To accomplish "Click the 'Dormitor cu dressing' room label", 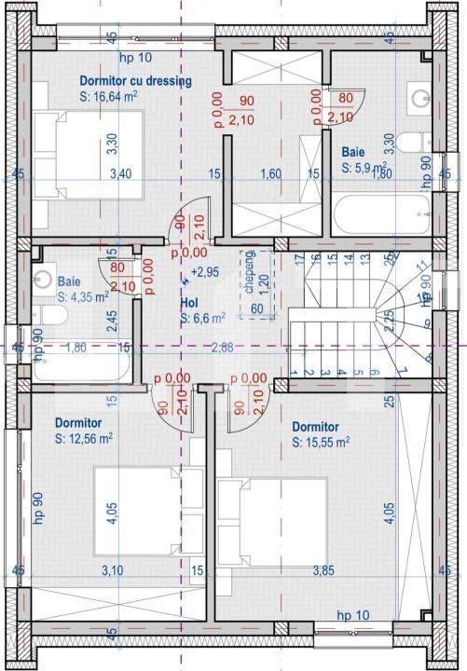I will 135,81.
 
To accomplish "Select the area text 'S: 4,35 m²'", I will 83,296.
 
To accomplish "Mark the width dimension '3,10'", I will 112,570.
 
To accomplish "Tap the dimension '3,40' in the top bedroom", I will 119,173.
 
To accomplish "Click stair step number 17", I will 298,258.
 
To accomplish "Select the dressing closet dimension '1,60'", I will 270,173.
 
